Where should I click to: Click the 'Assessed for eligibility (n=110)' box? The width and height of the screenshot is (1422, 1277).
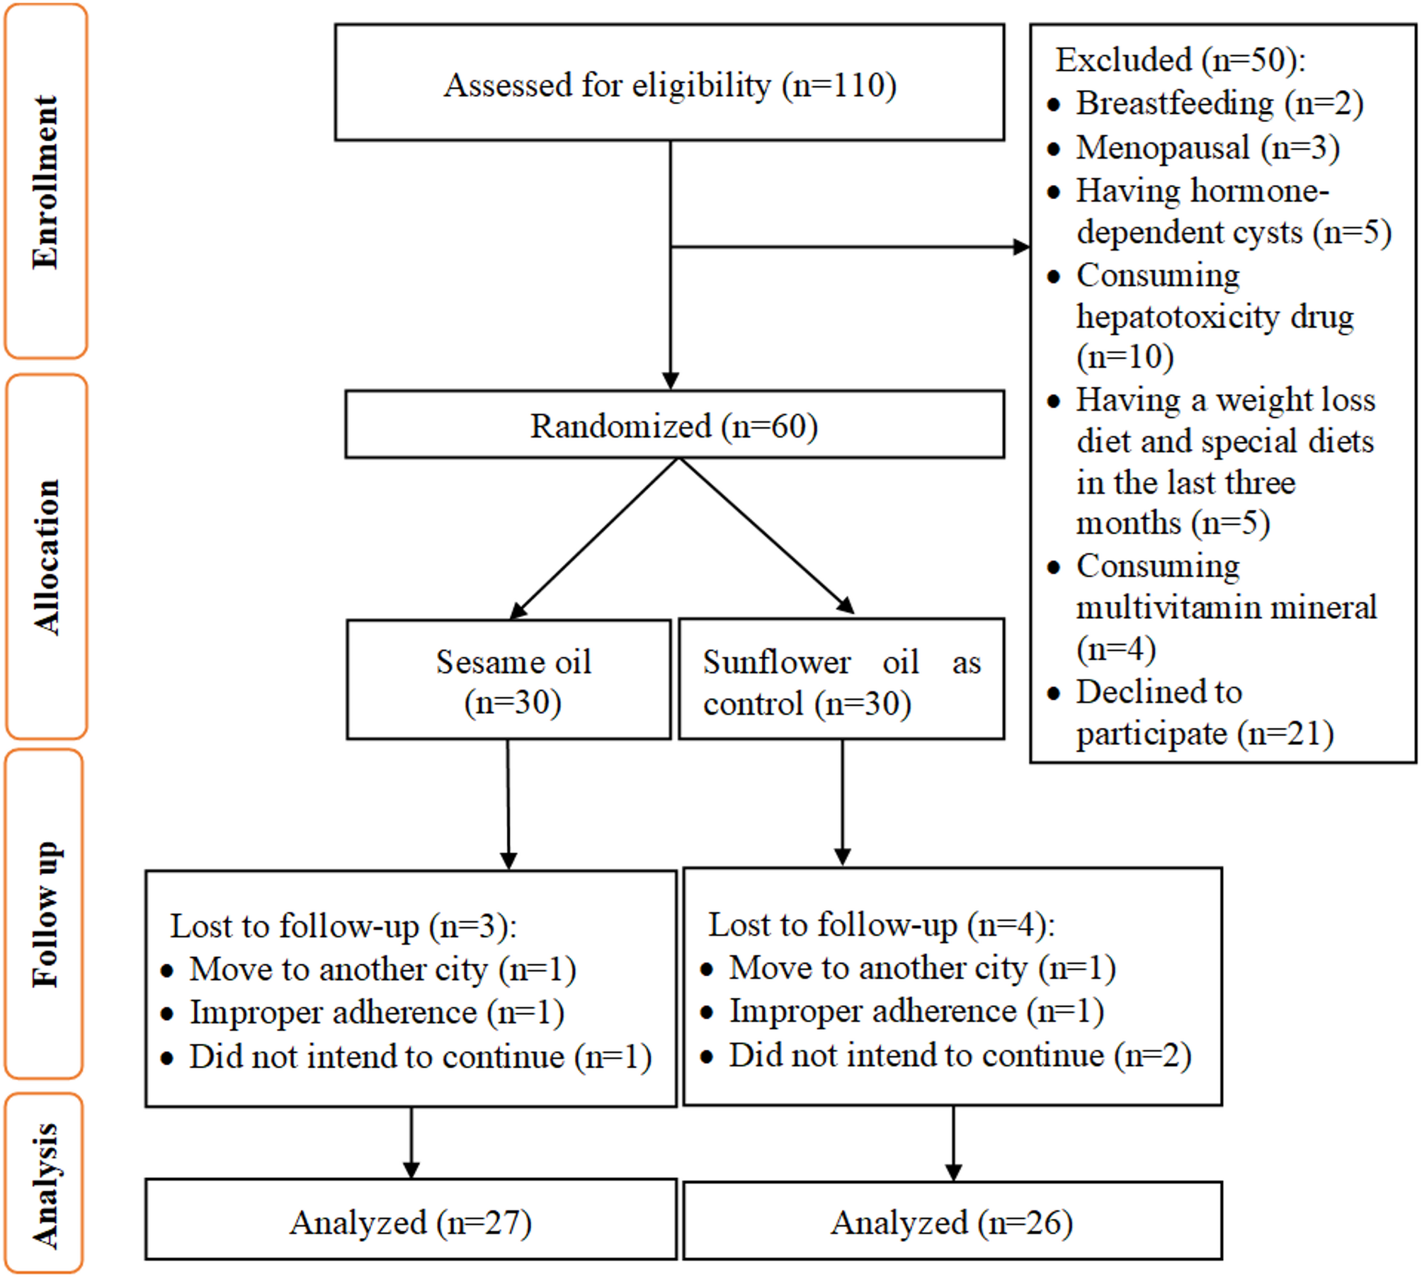point(669,82)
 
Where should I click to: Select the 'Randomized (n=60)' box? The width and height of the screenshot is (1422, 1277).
point(674,424)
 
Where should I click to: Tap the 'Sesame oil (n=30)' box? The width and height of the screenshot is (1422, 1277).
point(508,679)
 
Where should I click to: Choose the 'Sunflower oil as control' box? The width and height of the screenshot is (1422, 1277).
point(841,679)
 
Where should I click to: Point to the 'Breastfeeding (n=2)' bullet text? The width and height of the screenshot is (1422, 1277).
point(1219,103)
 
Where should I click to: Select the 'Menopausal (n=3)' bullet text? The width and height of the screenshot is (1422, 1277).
point(1207,148)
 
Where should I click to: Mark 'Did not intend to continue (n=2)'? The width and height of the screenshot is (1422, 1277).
point(960,1055)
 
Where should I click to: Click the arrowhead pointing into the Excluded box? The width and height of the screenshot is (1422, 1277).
point(1021,246)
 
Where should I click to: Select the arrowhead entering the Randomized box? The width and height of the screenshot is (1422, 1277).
point(670,380)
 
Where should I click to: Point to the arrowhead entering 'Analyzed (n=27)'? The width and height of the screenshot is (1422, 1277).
point(411,1170)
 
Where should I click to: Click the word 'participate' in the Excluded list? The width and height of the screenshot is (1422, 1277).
point(1151,734)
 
